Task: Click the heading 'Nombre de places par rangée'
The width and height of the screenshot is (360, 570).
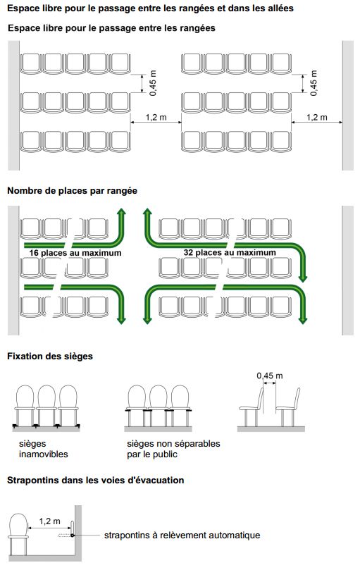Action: click(x=72, y=191)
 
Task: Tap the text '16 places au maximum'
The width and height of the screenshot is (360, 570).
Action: click(x=75, y=253)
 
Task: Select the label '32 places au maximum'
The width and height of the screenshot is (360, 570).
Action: click(x=230, y=252)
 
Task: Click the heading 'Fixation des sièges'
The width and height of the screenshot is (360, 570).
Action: click(x=50, y=357)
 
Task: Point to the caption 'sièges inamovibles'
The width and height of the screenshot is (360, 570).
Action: click(x=43, y=449)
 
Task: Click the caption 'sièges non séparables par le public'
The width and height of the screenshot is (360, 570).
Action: click(x=173, y=449)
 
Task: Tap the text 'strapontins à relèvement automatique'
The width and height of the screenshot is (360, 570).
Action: click(x=182, y=535)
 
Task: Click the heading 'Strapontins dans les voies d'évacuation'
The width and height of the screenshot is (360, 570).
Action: click(x=96, y=481)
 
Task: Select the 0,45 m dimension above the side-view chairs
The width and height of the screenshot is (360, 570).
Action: click(x=269, y=376)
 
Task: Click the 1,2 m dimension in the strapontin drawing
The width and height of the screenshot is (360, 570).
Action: click(x=50, y=521)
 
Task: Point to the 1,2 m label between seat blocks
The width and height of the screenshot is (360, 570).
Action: click(x=156, y=118)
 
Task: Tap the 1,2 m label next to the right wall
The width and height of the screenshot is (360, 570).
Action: click(x=317, y=118)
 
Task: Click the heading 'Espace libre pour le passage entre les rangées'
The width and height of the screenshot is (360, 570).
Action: click(x=111, y=28)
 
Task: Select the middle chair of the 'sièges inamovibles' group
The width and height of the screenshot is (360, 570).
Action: click(x=46, y=406)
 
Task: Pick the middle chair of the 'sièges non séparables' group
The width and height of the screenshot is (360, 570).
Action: click(x=159, y=406)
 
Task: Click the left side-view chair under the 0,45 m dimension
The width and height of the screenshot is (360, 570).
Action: click(x=252, y=407)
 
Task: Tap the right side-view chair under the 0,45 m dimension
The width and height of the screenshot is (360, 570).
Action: click(x=288, y=407)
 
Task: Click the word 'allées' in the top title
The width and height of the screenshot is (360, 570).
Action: click(x=279, y=8)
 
